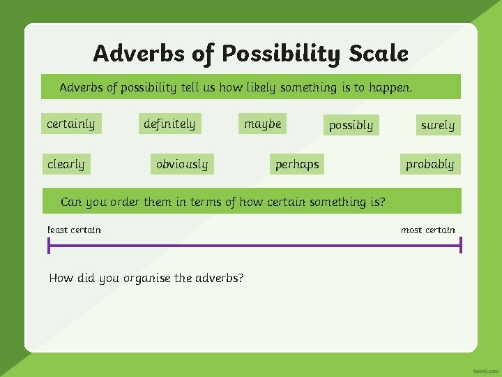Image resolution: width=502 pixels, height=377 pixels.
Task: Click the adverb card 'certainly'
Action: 70,124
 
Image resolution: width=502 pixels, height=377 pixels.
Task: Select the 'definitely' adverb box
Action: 169,124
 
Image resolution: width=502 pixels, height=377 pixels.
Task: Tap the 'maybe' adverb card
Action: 263,124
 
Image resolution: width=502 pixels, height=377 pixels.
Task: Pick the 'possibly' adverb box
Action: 351,126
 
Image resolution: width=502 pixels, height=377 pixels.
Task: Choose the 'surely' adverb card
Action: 437,126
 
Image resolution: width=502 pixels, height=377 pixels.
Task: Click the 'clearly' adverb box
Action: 66,165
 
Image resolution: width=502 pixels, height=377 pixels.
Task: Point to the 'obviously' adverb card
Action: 181,165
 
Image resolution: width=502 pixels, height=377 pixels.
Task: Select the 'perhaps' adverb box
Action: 297,165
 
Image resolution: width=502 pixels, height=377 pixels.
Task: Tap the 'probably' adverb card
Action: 429,165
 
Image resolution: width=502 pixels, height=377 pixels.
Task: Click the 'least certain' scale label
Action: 74,230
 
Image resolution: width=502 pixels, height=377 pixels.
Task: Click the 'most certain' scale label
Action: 427,230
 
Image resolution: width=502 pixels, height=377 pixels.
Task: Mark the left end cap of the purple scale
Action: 49,245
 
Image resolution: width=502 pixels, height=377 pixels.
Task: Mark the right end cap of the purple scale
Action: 461,245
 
